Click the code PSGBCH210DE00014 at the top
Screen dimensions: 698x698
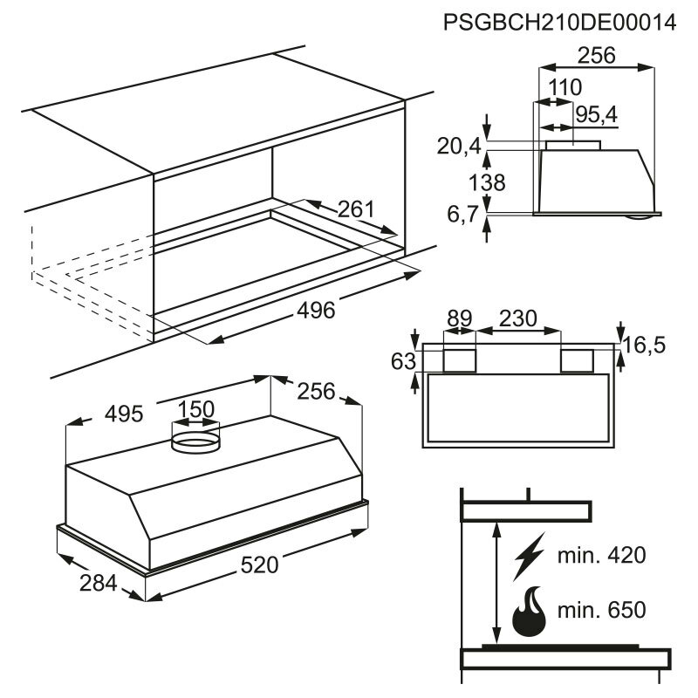click(x=559, y=23)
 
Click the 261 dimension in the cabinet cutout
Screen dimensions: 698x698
click(x=355, y=209)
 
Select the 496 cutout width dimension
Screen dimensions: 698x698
click(x=316, y=310)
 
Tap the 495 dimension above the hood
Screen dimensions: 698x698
click(x=124, y=413)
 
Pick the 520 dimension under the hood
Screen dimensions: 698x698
click(x=259, y=565)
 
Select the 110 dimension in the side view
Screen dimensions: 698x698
click(x=565, y=87)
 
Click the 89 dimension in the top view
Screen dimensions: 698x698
click(x=459, y=318)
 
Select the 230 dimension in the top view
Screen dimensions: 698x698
click(x=518, y=318)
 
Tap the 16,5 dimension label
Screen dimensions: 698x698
click(x=645, y=346)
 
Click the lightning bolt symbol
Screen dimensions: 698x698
click(x=528, y=556)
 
